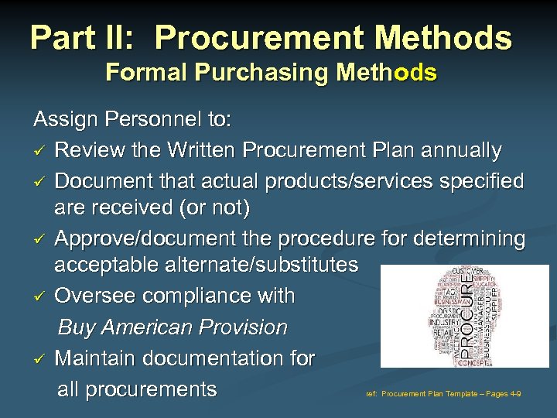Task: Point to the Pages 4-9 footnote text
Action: pyautogui.click(x=499, y=394)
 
